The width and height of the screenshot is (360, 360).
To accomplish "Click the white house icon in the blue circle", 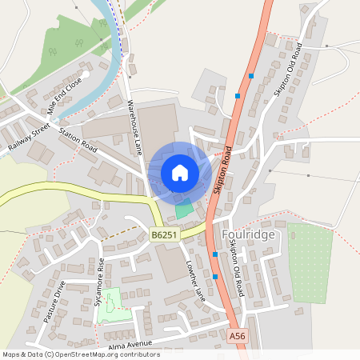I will (180, 173).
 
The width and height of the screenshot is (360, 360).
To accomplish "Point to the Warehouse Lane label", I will (134, 127).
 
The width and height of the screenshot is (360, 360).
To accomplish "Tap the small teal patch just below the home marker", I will (184, 210).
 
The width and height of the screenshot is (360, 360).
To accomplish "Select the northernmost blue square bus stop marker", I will (250, 76).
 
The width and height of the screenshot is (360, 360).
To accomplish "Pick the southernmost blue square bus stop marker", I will (215, 277).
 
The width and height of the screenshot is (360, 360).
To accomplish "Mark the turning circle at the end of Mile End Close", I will (86, 74).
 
